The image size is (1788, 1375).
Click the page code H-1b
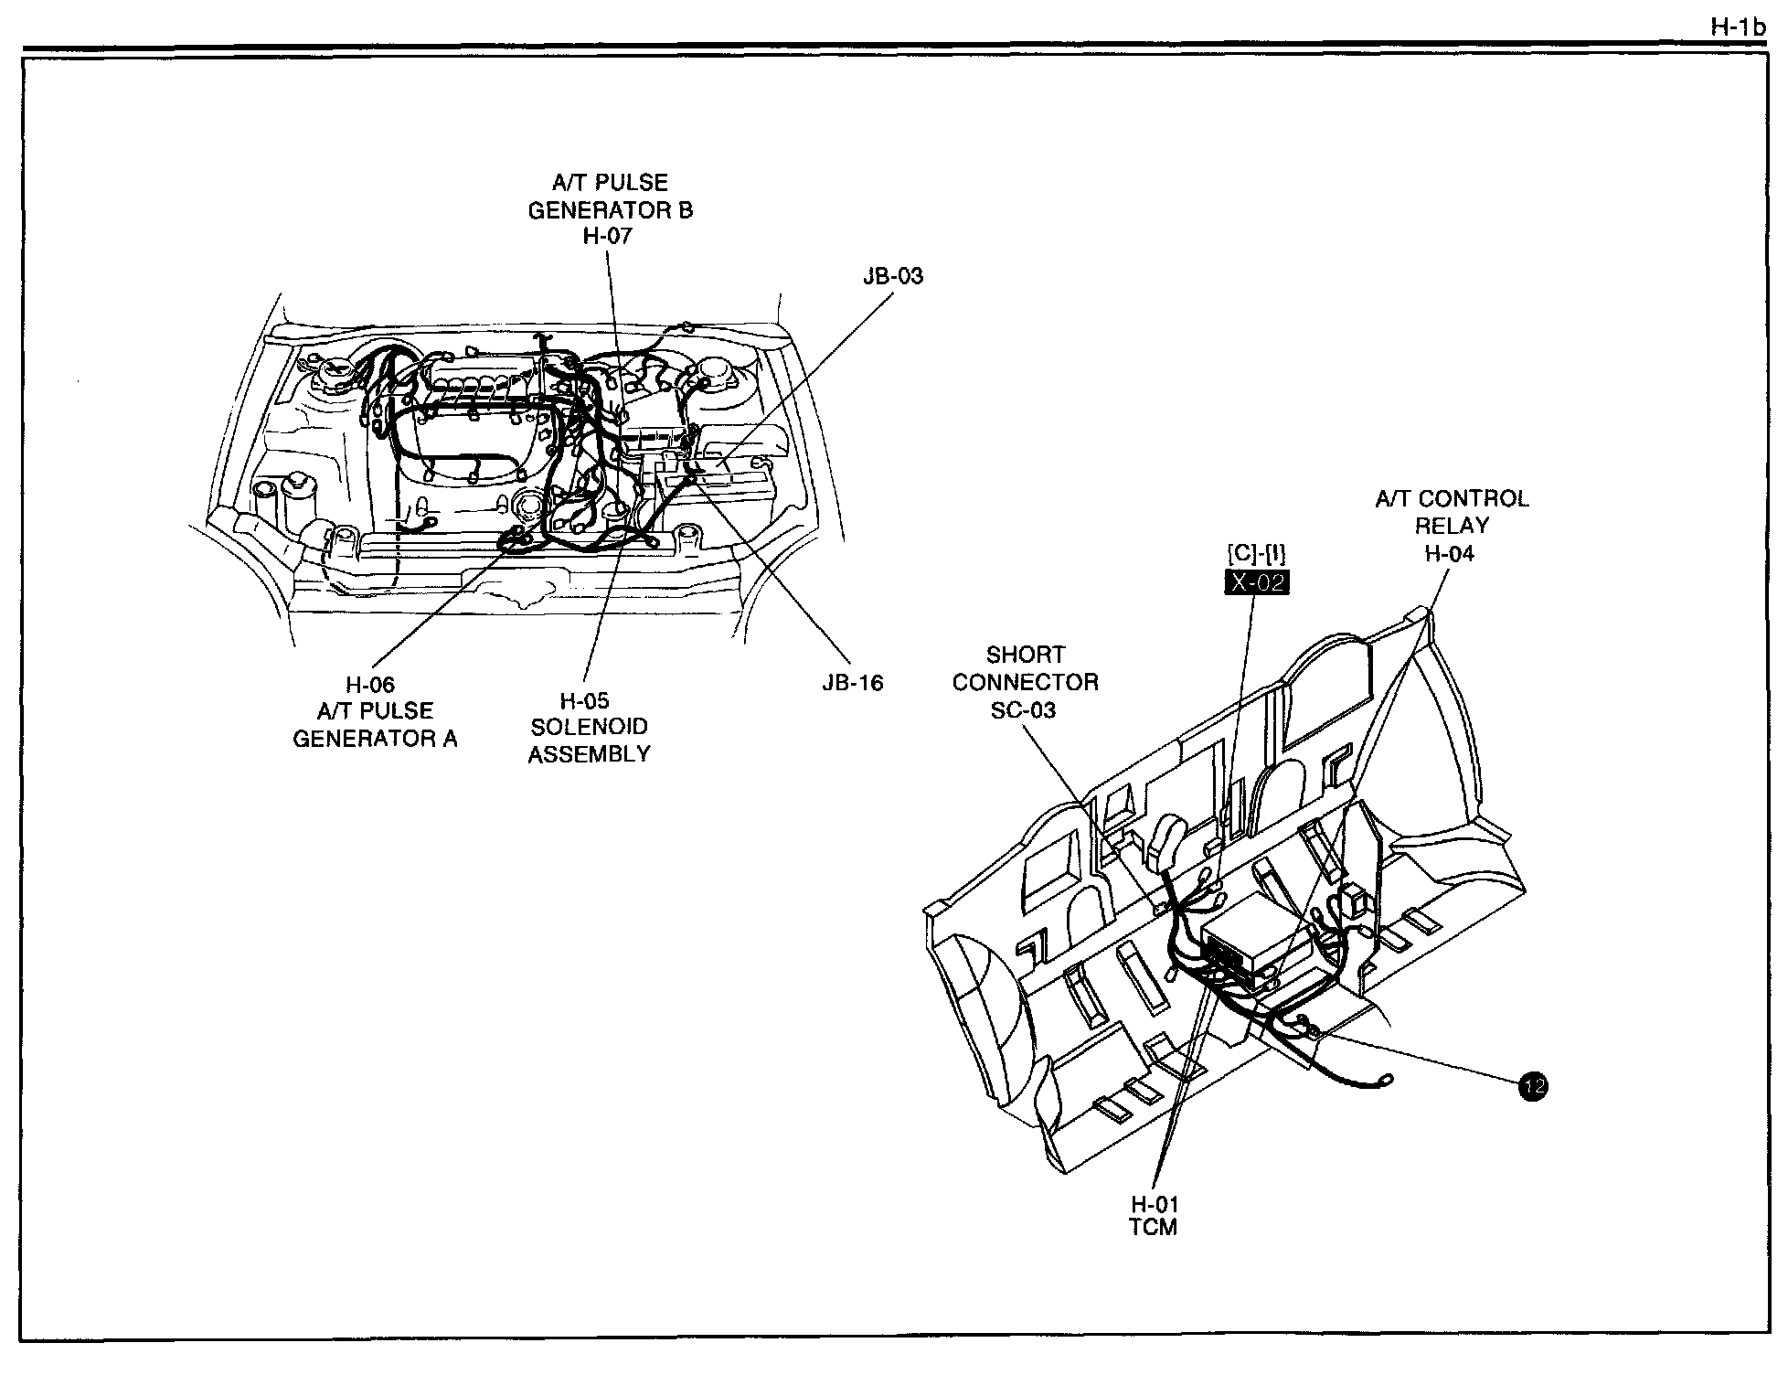(1738, 28)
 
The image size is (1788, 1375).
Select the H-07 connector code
(608, 236)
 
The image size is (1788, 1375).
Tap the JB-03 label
(892, 276)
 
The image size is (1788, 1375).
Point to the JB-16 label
(852, 683)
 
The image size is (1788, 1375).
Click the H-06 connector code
(370, 685)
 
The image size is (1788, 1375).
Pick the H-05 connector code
(584, 701)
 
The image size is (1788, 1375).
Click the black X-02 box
(1257, 582)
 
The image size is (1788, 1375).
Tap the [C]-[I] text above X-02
(1257, 555)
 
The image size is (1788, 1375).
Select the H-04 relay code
(1450, 553)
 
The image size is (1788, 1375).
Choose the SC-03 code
(1023, 710)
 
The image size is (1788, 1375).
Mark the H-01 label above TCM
(1155, 1204)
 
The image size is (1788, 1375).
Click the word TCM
(1154, 1227)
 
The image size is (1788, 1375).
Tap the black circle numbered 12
(1533, 1086)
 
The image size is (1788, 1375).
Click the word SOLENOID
(589, 728)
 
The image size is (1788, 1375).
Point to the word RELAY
(1452, 526)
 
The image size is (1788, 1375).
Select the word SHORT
(1026, 656)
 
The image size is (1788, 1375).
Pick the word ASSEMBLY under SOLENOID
(589, 754)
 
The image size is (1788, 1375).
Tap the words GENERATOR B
(611, 210)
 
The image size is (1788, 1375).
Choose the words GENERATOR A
(375, 739)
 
